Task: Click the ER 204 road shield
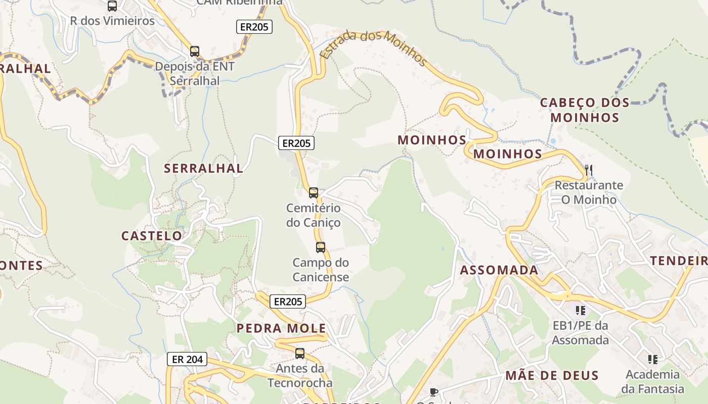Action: [x=187, y=360]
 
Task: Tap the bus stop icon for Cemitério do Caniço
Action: [x=314, y=193]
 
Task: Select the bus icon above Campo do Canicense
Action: [x=321, y=247]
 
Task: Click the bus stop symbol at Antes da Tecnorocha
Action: [x=300, y=353]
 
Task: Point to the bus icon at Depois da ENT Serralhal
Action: [x=195, y=52]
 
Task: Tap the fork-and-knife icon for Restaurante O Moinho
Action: [x=588, y=170]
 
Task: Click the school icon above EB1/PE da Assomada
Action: [x=580, y=310]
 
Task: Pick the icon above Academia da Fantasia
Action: [x=652, y=360]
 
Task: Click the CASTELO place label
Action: [x=152, y=236]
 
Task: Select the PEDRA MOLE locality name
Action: [x=282, y=329]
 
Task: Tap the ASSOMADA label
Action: [x=499, y=270]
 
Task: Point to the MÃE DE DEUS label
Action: [x=552, y=376]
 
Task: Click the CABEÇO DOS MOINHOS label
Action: [x=585, y=110]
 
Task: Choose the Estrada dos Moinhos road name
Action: [x=374, y=48]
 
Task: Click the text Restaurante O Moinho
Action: [x=589, y=192]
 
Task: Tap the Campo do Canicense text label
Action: [x=321, y=270]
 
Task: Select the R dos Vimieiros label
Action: [x=112, y=21]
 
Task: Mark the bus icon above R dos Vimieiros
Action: [x=112, y=6]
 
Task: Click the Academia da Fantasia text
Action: [x=652, y=382]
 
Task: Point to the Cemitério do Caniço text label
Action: [x=314, y=215]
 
